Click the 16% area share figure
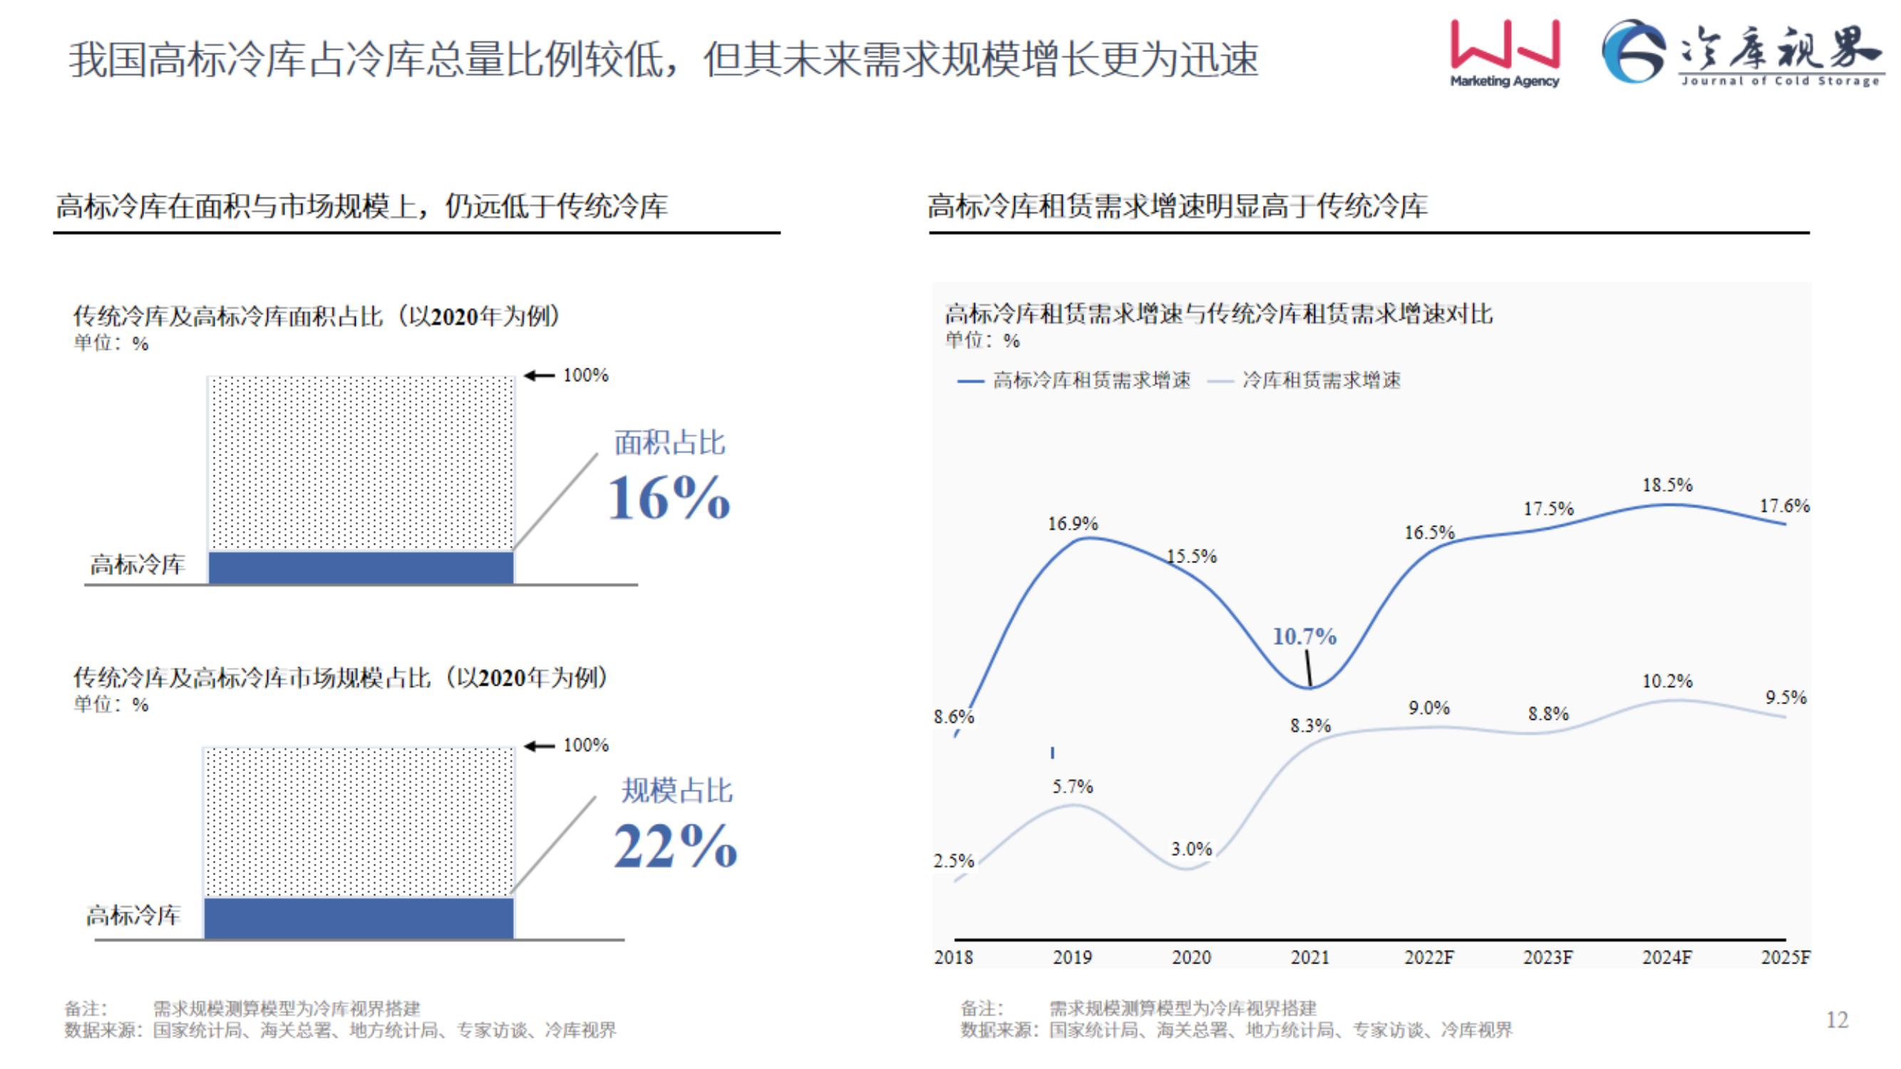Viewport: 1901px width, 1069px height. [x=669, y=498]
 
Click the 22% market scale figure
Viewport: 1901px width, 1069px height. [x=675, y=845]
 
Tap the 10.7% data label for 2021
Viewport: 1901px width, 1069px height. [x=1304, y=636]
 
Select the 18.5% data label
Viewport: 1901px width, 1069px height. [x=1667, y=485]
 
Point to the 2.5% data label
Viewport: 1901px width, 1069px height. [x=954, y=860]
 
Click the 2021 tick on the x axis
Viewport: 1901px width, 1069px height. [x=1310, y=957]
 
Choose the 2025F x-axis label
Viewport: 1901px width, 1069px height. [x=1785, y=957]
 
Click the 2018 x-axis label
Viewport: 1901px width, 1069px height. [x=954, y=957]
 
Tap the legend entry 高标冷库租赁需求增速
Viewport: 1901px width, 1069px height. [x=1091, y=380]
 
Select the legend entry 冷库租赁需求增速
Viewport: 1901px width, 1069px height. [x=1321, y=380]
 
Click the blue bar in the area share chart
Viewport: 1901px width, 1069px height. [x=361, y=567]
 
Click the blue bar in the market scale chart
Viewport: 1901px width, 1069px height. [x=359, y=918]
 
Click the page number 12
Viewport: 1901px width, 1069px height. [x=1837, y=1020]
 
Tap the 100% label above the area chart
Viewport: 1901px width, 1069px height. [x=585, y=375]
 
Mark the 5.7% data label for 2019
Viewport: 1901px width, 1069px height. [x=1072, y=787]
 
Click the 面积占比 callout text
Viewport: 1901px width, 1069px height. [x=669, y=443]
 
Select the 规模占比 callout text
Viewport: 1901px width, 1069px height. [x=676, y=790]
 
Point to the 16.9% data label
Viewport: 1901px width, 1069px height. [x=1072, y=523]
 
